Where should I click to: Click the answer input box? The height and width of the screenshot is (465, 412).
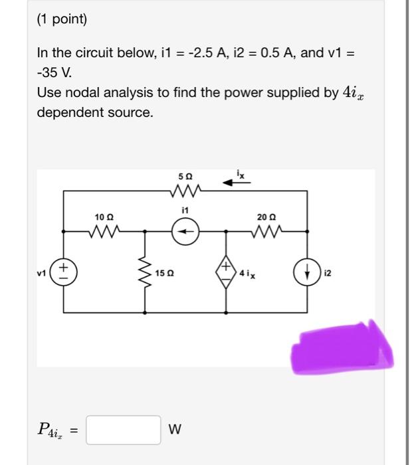123,429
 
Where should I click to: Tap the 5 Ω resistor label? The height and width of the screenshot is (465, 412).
185,178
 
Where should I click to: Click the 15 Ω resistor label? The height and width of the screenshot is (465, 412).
166,273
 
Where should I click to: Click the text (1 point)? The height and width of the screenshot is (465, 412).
62,19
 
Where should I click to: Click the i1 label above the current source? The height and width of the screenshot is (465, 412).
185,210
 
